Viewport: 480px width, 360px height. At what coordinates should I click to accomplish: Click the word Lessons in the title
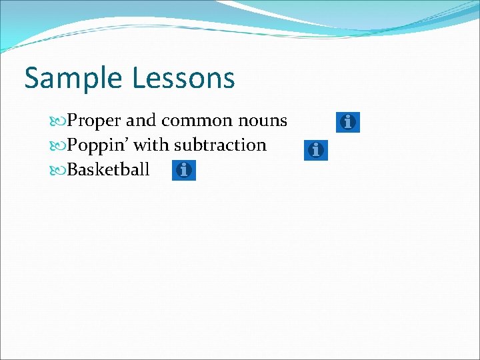(x=183, y=78)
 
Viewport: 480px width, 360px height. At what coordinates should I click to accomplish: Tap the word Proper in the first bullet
(x=94, y=121)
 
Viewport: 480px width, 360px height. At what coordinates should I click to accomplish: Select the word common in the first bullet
(x=195, y=121)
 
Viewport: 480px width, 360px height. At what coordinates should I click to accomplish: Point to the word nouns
(x=261, y=121)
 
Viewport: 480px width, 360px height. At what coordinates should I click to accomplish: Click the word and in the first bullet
(x=141, y=121)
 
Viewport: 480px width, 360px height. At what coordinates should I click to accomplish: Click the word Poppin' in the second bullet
(x=98, y=145)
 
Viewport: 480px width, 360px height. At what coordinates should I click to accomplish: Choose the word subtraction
(x=220, y=145)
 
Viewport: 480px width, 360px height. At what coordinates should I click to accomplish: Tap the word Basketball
(x=109, y=169)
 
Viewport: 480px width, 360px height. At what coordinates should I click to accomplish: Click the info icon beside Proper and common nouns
(x=347, y=122)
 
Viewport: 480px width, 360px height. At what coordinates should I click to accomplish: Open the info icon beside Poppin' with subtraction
(x=316, y=150)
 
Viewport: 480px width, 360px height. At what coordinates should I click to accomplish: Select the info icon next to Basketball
(x=184, y=171)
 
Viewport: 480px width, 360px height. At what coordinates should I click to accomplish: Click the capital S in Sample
(x=33, y=78)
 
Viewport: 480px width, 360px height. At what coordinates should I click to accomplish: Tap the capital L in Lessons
(x=138, y=78)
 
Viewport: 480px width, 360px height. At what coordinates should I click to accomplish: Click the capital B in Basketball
(x=73, y=169)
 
